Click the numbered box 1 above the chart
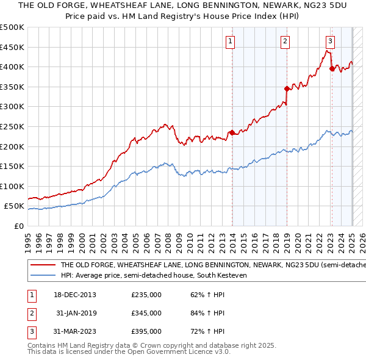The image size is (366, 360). (231, 41)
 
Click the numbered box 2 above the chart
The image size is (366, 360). (285, 41)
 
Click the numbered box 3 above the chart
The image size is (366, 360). (330, 41)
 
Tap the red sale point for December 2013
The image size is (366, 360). (232, 132)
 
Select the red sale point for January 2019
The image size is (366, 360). (287, 88)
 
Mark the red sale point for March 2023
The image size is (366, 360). (332, 69)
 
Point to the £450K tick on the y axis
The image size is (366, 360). (12, 47)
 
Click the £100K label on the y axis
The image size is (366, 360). (12, 186)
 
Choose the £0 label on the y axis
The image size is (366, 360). (18, 226)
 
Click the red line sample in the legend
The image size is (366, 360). (43, 265)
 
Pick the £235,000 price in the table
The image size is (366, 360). (146, 295)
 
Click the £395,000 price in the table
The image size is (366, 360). (146, 331)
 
